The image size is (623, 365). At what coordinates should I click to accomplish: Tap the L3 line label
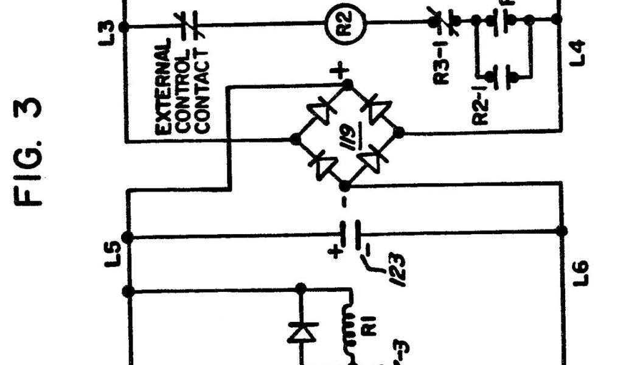[x=108, y=27]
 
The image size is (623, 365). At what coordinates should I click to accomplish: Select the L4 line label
[x=580, y=52]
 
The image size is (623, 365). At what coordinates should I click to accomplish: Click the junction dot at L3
[x=125, y=27]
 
